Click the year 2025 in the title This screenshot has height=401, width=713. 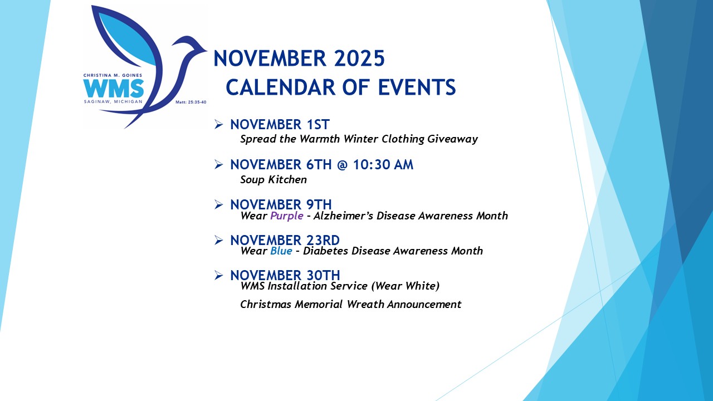point(359,58)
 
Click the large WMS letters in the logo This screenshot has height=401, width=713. point(114,88)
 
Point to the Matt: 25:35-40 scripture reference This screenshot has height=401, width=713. point(191,102)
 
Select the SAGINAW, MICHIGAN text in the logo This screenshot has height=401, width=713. point(113,102)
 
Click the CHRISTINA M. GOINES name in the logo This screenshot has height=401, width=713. point(113,75)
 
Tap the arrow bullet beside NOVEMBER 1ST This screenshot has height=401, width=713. point(219,124)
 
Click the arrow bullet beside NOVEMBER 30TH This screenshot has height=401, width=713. point(219,275)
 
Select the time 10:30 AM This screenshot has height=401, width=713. point(383,164)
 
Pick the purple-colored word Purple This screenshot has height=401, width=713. point(287,216)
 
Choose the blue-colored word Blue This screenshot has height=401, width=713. point(281,251)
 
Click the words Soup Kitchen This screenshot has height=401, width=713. point(274,180)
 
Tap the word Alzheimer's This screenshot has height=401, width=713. point(343,216)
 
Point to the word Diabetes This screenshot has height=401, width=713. point(326,251)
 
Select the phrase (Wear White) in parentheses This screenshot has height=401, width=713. point(405,286)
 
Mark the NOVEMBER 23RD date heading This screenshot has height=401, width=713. point(285,240)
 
